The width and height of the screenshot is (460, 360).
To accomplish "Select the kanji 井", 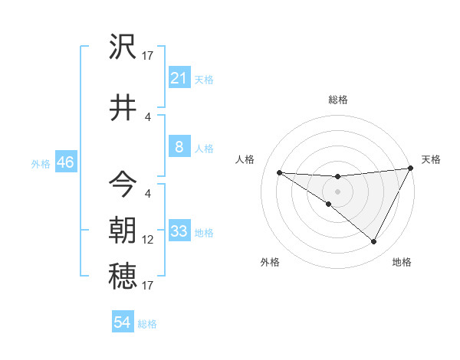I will click(x=123, y=106).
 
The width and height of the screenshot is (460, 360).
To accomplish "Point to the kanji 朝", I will click(x=123, y=231).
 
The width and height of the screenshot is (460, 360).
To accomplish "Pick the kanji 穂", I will click(x=123, y=276).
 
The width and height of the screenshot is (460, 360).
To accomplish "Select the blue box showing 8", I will click(x=179, y=147).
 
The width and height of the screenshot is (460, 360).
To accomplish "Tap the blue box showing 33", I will click(x=179, y=231).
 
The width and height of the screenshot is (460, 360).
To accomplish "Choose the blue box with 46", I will click(x=65, y=162).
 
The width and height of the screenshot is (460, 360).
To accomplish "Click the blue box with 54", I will click(x=122, y=322).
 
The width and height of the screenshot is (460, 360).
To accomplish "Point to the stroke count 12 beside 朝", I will click(x=148, y=240).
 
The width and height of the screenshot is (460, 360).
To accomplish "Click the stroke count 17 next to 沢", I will click(x=148, y=56).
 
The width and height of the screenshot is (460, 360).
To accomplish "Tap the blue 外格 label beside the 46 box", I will click(x=41, y=163).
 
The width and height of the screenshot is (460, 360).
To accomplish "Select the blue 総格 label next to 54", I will click(x=147, y=323).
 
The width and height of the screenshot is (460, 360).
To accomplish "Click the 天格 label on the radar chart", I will click(x=431, y=159).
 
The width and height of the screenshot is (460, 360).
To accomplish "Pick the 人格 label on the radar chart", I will click(x=245, y=159).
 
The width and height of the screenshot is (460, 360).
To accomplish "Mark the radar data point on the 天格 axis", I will click(x=411, y=168).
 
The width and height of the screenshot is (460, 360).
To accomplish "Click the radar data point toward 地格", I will click(x=374, y=242).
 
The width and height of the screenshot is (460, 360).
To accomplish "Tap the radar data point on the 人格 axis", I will click(x=279, y=172).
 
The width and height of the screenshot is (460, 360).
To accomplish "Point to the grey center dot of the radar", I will click(x=337, y=191).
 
